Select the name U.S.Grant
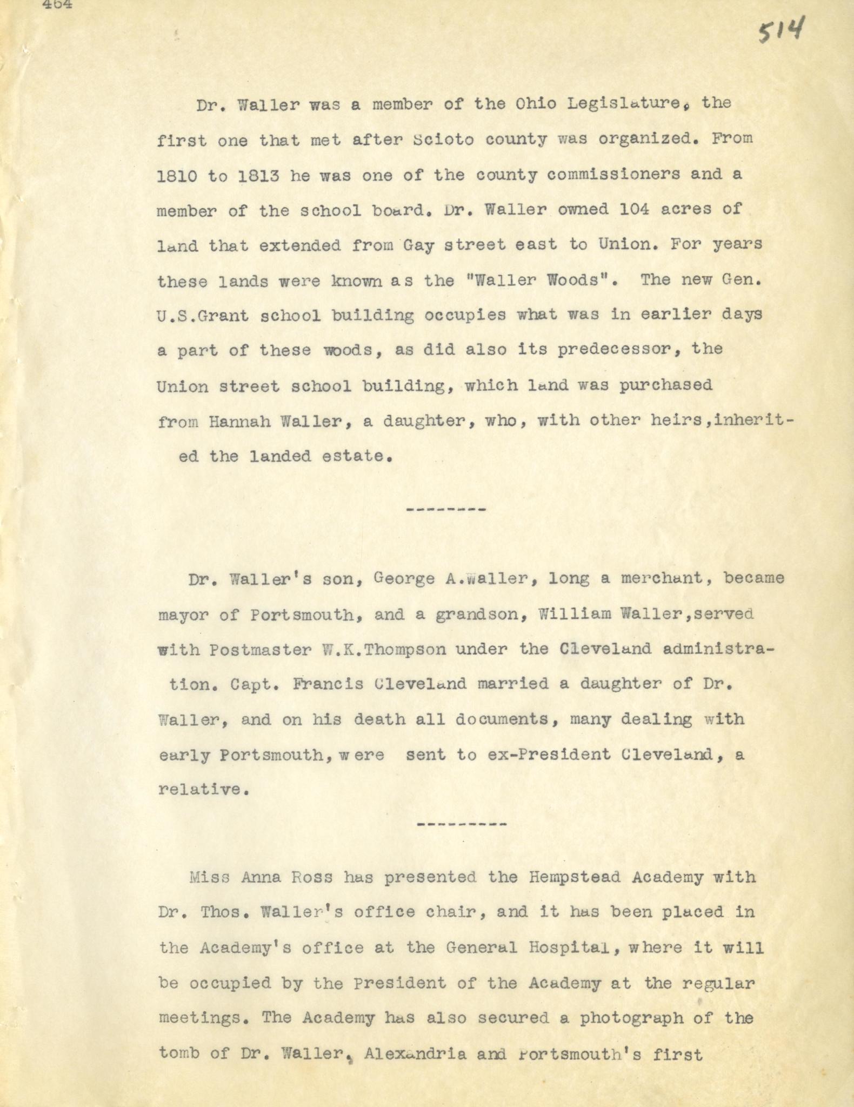coord(203,316)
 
